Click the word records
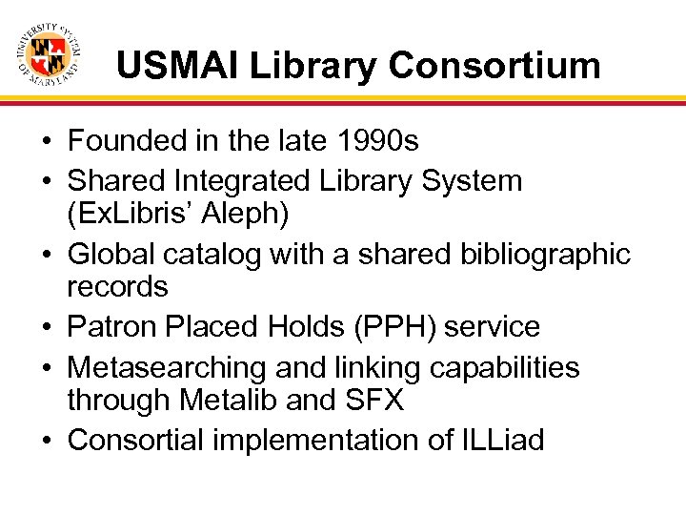[x=117, y=286]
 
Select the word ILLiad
[x=502, y=440]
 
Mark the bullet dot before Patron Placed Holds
[x=46, y=328]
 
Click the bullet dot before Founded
[x=46, y=142]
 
